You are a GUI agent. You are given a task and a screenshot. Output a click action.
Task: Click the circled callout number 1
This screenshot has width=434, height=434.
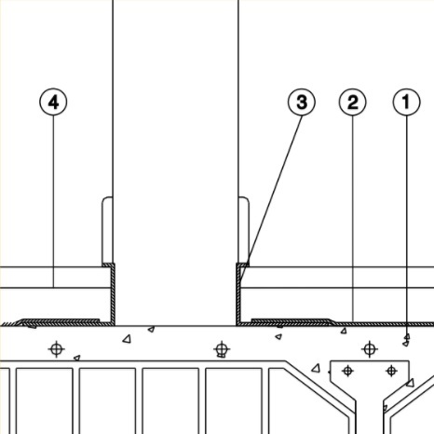click(x=407, y=102)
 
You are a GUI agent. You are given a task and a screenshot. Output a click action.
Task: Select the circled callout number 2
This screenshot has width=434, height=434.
click(x=352, y=102)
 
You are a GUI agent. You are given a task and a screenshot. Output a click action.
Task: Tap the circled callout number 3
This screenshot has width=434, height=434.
click(x=302, y=102)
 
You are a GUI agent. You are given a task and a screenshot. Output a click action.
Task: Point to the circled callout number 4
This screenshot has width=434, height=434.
click(x=53, y=102)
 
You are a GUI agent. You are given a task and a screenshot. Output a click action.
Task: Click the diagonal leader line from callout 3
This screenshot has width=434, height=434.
click(x=271, y=198)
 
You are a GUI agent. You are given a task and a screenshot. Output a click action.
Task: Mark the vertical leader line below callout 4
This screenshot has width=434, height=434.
click(x=53, y=202)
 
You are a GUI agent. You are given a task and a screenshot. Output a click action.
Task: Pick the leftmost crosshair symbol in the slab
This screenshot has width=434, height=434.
click(x=56, y=349)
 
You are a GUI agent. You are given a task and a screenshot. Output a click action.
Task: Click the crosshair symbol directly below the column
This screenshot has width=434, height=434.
click(x=222, y=349)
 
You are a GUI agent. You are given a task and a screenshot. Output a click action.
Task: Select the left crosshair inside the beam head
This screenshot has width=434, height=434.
click(x=347, y=371)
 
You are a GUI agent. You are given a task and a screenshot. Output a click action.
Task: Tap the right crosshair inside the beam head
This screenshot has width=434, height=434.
click(x=391, y=371)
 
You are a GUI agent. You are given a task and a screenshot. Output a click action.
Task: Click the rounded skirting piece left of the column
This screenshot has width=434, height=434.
click(x=107, y=230)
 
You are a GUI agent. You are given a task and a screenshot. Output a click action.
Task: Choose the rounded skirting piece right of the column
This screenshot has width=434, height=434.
click(x=244, y=230)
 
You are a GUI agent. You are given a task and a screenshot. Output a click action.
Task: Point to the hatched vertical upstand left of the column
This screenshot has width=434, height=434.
click(x=113, y=293)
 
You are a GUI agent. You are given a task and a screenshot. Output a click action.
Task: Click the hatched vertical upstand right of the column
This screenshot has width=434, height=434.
click(x=238, y=293)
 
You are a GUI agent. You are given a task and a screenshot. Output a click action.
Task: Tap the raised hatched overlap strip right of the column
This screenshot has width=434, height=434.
click(x=292, y=320)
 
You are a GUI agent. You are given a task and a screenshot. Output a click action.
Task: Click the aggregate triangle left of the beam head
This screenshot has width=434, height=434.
click(x=316, y=369)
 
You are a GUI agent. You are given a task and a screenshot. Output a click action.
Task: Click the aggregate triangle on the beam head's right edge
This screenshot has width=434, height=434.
click(x=411, y=383)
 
